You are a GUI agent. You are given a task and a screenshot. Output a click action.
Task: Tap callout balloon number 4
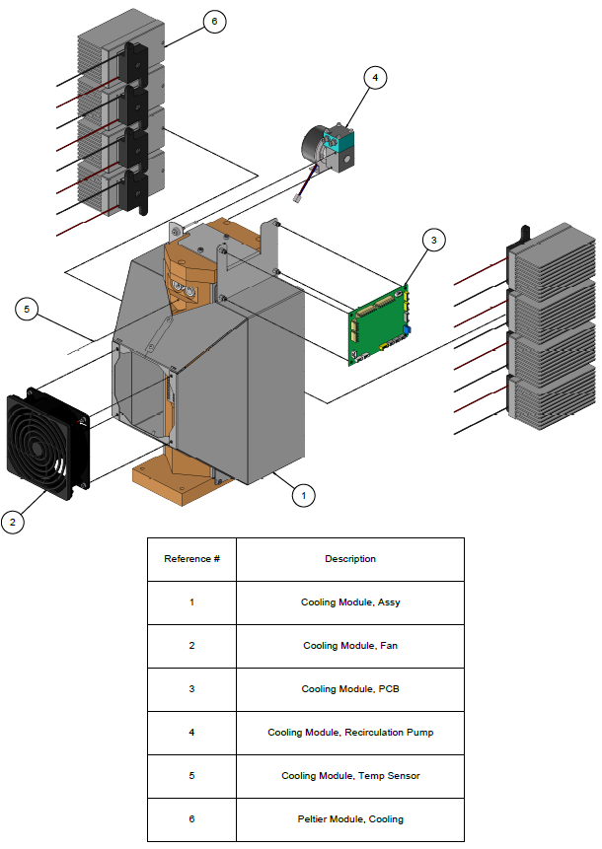pos(373,77)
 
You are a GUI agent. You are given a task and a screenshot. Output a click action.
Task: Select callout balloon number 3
pos(434,239)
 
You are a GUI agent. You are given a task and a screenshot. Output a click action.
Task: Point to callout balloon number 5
pos(28,310)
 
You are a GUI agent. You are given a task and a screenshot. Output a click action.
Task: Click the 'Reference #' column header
pos(191,559)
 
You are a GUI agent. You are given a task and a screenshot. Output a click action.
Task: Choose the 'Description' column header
pos(350,559)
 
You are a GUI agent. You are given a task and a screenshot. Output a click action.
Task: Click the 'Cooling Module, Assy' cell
pos(350,602)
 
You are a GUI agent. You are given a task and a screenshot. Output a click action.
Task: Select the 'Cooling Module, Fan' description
pos(350,646)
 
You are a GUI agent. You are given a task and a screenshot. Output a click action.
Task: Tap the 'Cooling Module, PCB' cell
pos(350,689)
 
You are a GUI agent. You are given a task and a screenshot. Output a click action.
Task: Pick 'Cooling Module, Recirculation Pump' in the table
pos(350,733)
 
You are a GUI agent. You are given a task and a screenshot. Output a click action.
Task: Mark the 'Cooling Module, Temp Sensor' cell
pos(350,776)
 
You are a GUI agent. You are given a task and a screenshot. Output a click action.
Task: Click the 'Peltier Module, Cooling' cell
pos(350,819)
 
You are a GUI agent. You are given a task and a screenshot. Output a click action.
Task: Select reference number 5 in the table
pos(191,776)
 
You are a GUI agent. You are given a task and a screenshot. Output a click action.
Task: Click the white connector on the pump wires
pos(298,201)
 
